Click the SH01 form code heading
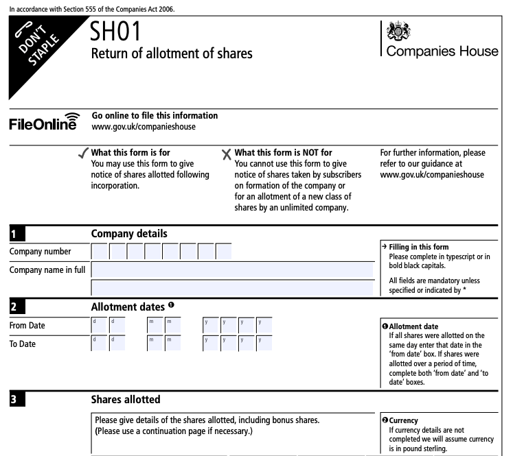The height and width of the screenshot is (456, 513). click(x=120, y=32)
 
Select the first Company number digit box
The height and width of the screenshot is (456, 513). click(x=100, y=252)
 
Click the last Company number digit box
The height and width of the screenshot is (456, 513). click(x=224, y=252)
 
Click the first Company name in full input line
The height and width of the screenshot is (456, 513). click(x=232, y=269)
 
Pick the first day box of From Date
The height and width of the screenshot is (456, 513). click(x=100, y=325)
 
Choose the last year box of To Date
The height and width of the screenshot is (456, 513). click(x=264, y=343)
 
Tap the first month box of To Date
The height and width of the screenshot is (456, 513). click(x=155, y=343)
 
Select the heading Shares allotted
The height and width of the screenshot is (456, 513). click(x=126, y=398)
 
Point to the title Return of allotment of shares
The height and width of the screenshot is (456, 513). click(x=172, y=53)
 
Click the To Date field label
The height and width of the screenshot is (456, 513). click(x=23, y=344)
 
